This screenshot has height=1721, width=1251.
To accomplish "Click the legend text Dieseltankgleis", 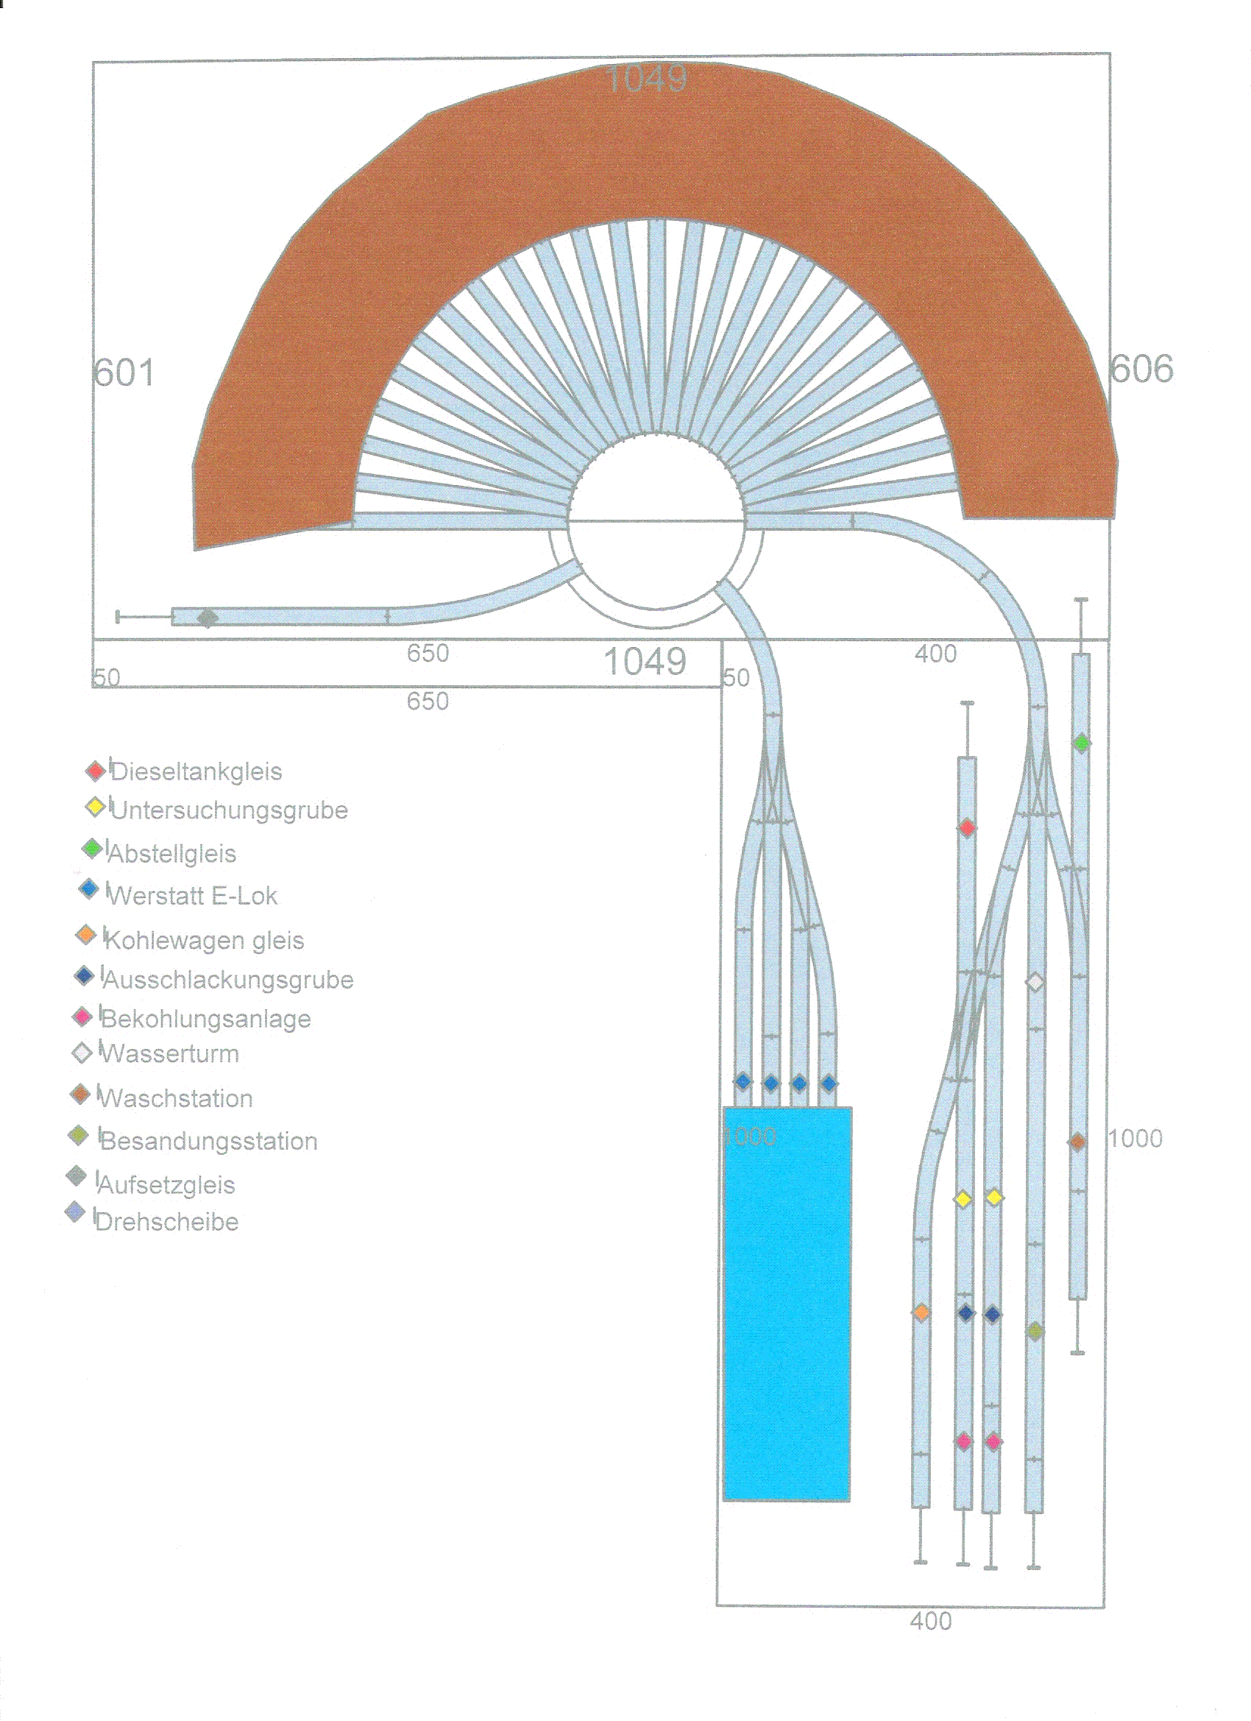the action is [x=196, y=771].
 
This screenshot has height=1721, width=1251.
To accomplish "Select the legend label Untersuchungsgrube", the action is [x=229, y=811].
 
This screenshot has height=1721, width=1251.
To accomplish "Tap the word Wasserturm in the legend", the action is [x=170, y=1053].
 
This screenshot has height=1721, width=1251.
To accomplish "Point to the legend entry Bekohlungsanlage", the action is [x=205, y=1018].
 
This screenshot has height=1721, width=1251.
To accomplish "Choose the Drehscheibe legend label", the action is [x=167, y=1222].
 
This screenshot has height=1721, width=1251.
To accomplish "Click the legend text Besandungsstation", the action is [x=209, y=1141].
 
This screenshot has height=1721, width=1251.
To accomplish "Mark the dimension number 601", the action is [x=124, y=372].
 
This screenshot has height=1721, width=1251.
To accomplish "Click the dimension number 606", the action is [x=1141, y=369].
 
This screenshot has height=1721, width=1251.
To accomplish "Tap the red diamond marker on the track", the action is [x=966, y=827].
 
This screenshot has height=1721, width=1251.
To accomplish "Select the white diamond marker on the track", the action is [x=1035, y=983].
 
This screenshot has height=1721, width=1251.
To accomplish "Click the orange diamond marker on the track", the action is [x=921, y=1312].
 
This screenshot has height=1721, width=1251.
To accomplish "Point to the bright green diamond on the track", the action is [x=1082, y=743].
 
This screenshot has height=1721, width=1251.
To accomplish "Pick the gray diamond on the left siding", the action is [x=207, y=618].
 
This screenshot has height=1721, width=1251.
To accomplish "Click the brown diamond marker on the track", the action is [x=1077, y=1141].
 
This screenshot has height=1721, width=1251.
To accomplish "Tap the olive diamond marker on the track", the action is [x=1035, y=1331].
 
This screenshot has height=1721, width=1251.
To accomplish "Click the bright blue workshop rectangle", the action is [x=787, y=1304].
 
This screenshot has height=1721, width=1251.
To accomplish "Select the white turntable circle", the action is [x=656, y=521].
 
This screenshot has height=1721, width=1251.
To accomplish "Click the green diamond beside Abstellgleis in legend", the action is [x=92, y=849].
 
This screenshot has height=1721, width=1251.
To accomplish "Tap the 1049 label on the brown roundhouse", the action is [x=647, y=78].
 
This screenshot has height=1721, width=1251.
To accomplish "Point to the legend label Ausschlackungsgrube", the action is [x=228, y=980].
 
